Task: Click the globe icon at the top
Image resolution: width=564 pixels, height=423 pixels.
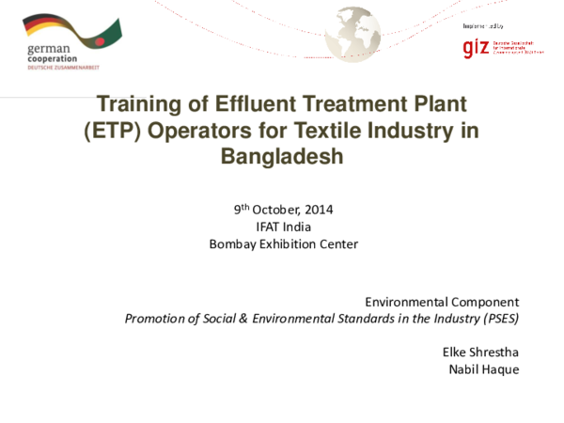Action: click(x=352, y=34)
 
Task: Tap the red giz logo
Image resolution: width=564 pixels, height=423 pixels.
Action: click(x=476, y=47)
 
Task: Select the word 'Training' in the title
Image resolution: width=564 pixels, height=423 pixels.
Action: click(x=140, y=102)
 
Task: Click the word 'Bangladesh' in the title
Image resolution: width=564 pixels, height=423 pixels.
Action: click(x=282, y=157)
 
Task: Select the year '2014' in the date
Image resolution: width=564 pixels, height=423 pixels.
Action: click(x=316, y=209)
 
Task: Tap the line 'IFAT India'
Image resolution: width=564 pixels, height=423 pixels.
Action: click(x=283, y=227)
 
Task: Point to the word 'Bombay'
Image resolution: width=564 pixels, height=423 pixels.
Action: click(x=231, y=244)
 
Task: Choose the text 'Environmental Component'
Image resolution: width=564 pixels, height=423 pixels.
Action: click(x=441, y=302)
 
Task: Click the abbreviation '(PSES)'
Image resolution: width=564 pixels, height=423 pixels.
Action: click(x=499, y=318)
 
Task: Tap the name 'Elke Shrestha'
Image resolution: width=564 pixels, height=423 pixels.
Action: click(x=480, y=352)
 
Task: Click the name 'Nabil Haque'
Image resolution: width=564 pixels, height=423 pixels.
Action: click(x=484, y=368)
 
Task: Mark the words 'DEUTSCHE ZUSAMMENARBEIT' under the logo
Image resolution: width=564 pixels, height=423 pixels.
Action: click(x=62, y=68)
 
